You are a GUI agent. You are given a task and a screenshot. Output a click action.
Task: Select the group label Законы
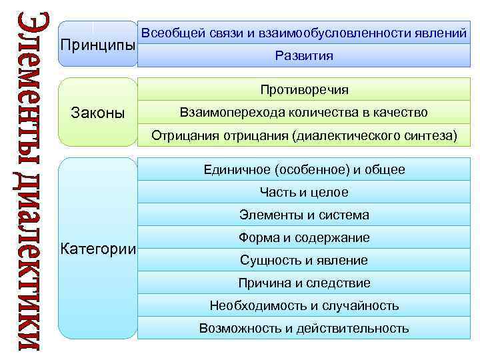[97, 113]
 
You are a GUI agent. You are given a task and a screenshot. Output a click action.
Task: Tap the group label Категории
[98, 250]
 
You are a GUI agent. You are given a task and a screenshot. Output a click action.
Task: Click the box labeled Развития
[303, 56]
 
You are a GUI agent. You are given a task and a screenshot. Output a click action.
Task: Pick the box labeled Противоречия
[303, 90]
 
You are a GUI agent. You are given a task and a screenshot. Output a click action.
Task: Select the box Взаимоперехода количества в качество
[303, 113]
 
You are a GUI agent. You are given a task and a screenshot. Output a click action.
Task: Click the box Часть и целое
[303, 193]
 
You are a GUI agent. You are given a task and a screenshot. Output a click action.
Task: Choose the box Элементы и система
[303, 215]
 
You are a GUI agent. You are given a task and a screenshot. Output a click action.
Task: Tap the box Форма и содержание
[303, 238]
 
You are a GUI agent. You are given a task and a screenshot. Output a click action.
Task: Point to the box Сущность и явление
[303, 261]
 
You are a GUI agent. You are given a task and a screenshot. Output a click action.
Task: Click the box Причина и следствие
[303, 283]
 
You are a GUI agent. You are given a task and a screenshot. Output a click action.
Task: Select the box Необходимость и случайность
[303, 306]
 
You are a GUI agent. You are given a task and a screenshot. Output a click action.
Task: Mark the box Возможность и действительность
[303, 329]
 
